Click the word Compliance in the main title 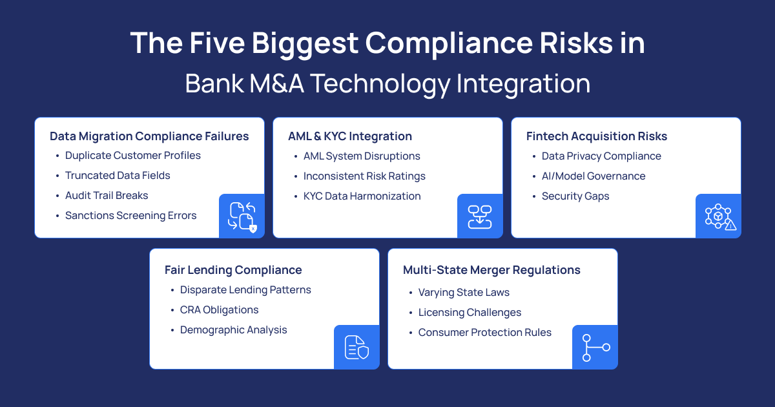pyautogui.click(x=449, y=44)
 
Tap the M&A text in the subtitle pyautogui.click(x=277, y=83)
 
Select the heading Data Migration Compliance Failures pyautogui.click(x=149, y=136)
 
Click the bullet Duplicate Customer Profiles pyautogui.click(x=133, y=156)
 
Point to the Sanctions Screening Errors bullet pyautogui.click(x=130, y=216)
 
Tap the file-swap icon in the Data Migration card pyautogui.click(x=242, y=216)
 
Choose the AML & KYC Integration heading pyautogui.click(x=350, y=136)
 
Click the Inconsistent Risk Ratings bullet pyautogui.click(x=364, y=176)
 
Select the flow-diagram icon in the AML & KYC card pyautogui.click(x=479, y=216)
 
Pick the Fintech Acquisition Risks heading pyautogui.click(x=597, y=136)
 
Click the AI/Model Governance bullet pyautogui.click(x=594, y=176)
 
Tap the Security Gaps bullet pyautogui.click(x=575, y=196)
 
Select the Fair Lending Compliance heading pyautogui.click(x=233, y=270)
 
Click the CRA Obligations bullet pyautogui.click(x=219, y=309)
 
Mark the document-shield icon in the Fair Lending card pyautogui.click(x=356, y=347)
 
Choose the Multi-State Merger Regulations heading pyautogui.click(x=491, y=270)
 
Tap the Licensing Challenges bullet pyautogui.click(x=470, y=313)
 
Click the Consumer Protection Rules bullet pyautogui.click(x=485, y=332)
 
